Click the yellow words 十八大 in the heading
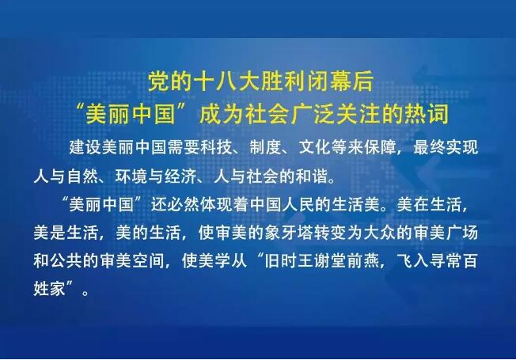[x=226, y=81]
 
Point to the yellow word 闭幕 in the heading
[x=329, y=81]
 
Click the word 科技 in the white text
[x=216, y=147]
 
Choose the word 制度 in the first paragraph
[x=266, y=147]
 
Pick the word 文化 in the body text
[x=315, y=147]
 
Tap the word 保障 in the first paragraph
[x=380, y=147]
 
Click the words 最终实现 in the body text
[x=446, y=147]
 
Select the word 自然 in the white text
[x=83, y=176]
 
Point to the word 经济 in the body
[x=181, y=176]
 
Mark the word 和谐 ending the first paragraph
[x=312, y=176]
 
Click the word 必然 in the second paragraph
[x=184, y=205]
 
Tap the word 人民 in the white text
[x=298, y=205]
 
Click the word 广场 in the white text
[x=462, y=233]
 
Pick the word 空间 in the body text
[x=149, y=260]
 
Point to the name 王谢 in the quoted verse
[x=314, y=260]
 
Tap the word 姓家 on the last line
[x=49, y=289]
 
